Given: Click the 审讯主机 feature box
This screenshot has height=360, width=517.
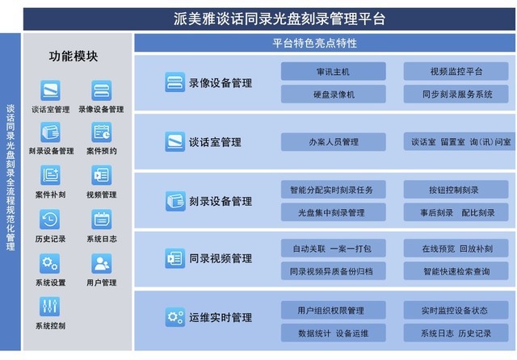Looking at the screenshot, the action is click(x=333, y=71).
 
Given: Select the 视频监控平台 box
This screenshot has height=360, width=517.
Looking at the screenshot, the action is click(x=456, y=71).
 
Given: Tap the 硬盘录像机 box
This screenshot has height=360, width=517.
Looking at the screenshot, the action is click(x=333, y=94).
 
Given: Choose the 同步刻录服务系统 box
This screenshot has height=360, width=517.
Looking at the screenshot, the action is click(x=456, y=94).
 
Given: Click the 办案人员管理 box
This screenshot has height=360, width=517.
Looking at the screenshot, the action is click(x=333, y=142).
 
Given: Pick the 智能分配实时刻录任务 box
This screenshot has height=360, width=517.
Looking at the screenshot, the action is click(x=333, y=190).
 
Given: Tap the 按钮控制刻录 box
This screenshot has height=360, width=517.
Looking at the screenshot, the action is click(x=456, y=190).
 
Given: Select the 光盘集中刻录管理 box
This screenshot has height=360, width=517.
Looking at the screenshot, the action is click(x=333, y=212).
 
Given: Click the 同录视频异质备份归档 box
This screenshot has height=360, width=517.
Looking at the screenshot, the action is click(x=333, y=271).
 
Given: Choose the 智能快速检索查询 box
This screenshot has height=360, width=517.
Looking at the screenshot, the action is click(x=456, y=271).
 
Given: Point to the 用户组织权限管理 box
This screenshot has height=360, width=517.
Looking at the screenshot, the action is click(x=333, y=310).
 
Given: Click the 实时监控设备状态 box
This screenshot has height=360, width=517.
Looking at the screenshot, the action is click(x=456, y=310).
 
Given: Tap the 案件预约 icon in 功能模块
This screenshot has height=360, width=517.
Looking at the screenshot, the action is click(x=102, y=132).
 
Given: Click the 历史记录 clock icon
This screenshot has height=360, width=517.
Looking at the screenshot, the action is click(x=50, y=219).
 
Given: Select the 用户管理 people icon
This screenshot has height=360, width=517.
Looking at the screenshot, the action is click(x=102, y=263).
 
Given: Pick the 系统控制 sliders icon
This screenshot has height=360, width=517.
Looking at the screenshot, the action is click(x=50, y=306).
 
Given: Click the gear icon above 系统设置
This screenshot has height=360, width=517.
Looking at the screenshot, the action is click(x=50, y=263).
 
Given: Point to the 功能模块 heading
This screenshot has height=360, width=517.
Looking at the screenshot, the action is click(x=74, y=57).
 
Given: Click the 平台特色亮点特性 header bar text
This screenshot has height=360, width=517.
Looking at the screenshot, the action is click(x=314, y=43).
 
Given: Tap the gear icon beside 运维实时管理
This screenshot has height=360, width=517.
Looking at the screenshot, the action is click(x=174, y=317).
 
